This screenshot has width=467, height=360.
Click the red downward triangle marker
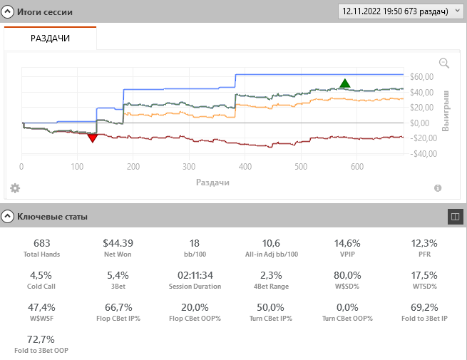[92, 138]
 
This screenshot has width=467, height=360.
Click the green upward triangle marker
[345, 83]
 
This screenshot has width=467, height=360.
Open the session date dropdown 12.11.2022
[401, 11]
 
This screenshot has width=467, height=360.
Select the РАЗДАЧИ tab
[50, 38]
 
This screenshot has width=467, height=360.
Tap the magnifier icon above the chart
[444, 63]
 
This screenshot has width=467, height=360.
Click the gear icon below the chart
[15, 188]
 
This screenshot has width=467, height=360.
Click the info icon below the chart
[438, 188]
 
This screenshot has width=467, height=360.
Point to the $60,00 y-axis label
[422, 77]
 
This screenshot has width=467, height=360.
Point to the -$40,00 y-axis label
[421, 154]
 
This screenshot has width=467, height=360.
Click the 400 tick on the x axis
[245, 167]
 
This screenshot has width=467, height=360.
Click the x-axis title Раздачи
[212, 182]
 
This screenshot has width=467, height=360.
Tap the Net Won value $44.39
[118, 243]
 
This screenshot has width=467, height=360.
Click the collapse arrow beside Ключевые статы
[8, 216]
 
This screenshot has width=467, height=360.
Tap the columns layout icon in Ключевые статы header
[455, 216]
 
